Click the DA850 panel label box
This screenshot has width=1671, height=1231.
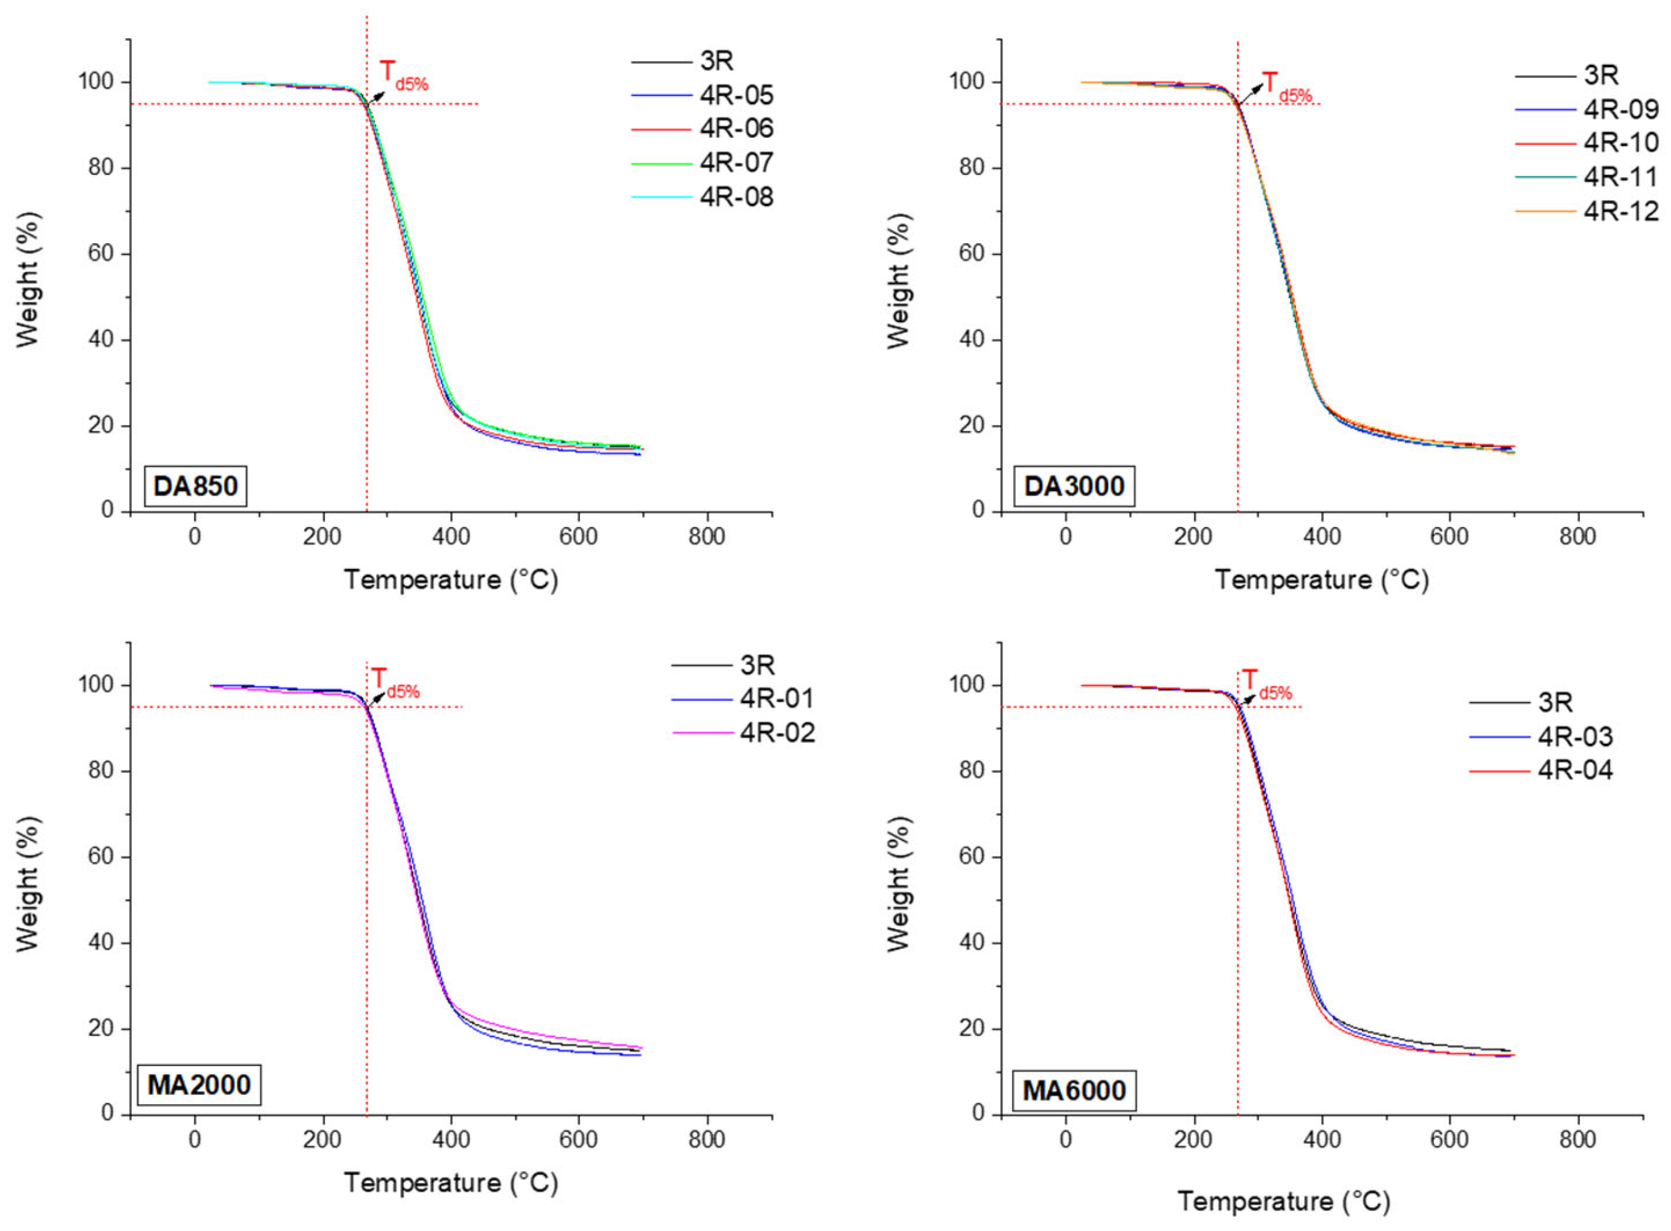[195, 486]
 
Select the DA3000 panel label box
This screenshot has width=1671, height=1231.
[1074, 486]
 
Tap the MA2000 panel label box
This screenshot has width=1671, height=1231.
[199, 1084]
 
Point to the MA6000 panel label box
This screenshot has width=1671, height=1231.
[1074, 1090]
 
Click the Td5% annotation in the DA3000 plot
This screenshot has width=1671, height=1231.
[1286, 86]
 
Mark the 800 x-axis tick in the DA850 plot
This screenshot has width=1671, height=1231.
[706, 536]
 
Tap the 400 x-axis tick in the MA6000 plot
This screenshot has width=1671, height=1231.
[1323, 1139]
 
